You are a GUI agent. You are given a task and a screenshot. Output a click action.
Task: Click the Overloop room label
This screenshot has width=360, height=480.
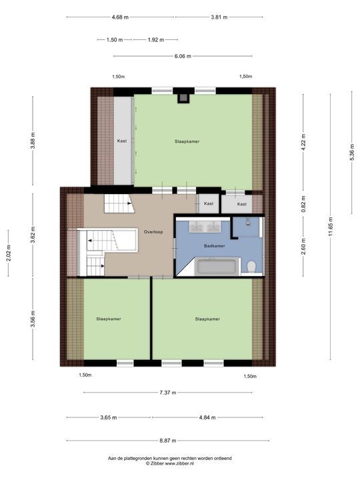[153, 232]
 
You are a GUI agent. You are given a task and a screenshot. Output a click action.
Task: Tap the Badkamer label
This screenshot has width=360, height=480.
[215, 246]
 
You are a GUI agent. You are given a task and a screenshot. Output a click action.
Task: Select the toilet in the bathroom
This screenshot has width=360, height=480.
[251, 266]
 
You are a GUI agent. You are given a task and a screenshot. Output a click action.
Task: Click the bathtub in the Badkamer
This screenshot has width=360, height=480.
[217, 266]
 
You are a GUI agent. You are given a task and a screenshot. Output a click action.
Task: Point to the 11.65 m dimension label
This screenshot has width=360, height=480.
[330, 227]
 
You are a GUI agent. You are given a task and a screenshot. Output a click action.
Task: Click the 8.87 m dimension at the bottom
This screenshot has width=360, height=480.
[168, 441]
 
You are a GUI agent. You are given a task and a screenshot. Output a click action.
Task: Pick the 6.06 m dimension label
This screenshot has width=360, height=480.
[183, 56]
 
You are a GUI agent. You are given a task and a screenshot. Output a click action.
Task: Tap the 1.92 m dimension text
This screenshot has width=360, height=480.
[156, 40]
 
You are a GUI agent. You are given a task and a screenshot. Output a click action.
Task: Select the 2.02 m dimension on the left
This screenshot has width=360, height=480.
[8, 253]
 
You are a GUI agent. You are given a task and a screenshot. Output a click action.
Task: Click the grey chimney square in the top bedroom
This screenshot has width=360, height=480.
[184, 97]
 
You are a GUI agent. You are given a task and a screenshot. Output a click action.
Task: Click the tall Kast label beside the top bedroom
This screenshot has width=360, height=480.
[122, 141]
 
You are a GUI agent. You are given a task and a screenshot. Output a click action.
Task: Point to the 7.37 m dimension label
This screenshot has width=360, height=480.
[168, 393]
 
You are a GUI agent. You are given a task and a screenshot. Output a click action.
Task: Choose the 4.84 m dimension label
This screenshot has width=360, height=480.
[207, 417]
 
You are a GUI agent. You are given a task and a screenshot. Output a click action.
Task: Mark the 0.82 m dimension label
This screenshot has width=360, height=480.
[303, 204]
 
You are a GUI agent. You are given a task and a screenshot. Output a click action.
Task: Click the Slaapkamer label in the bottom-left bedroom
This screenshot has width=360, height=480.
[109, 319]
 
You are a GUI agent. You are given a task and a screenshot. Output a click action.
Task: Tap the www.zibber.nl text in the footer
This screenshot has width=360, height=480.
[179, 464]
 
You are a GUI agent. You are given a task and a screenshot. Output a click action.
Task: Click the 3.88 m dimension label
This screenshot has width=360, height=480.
[33, 141]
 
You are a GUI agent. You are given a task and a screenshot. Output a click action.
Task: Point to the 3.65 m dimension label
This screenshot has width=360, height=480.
[109, 417]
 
